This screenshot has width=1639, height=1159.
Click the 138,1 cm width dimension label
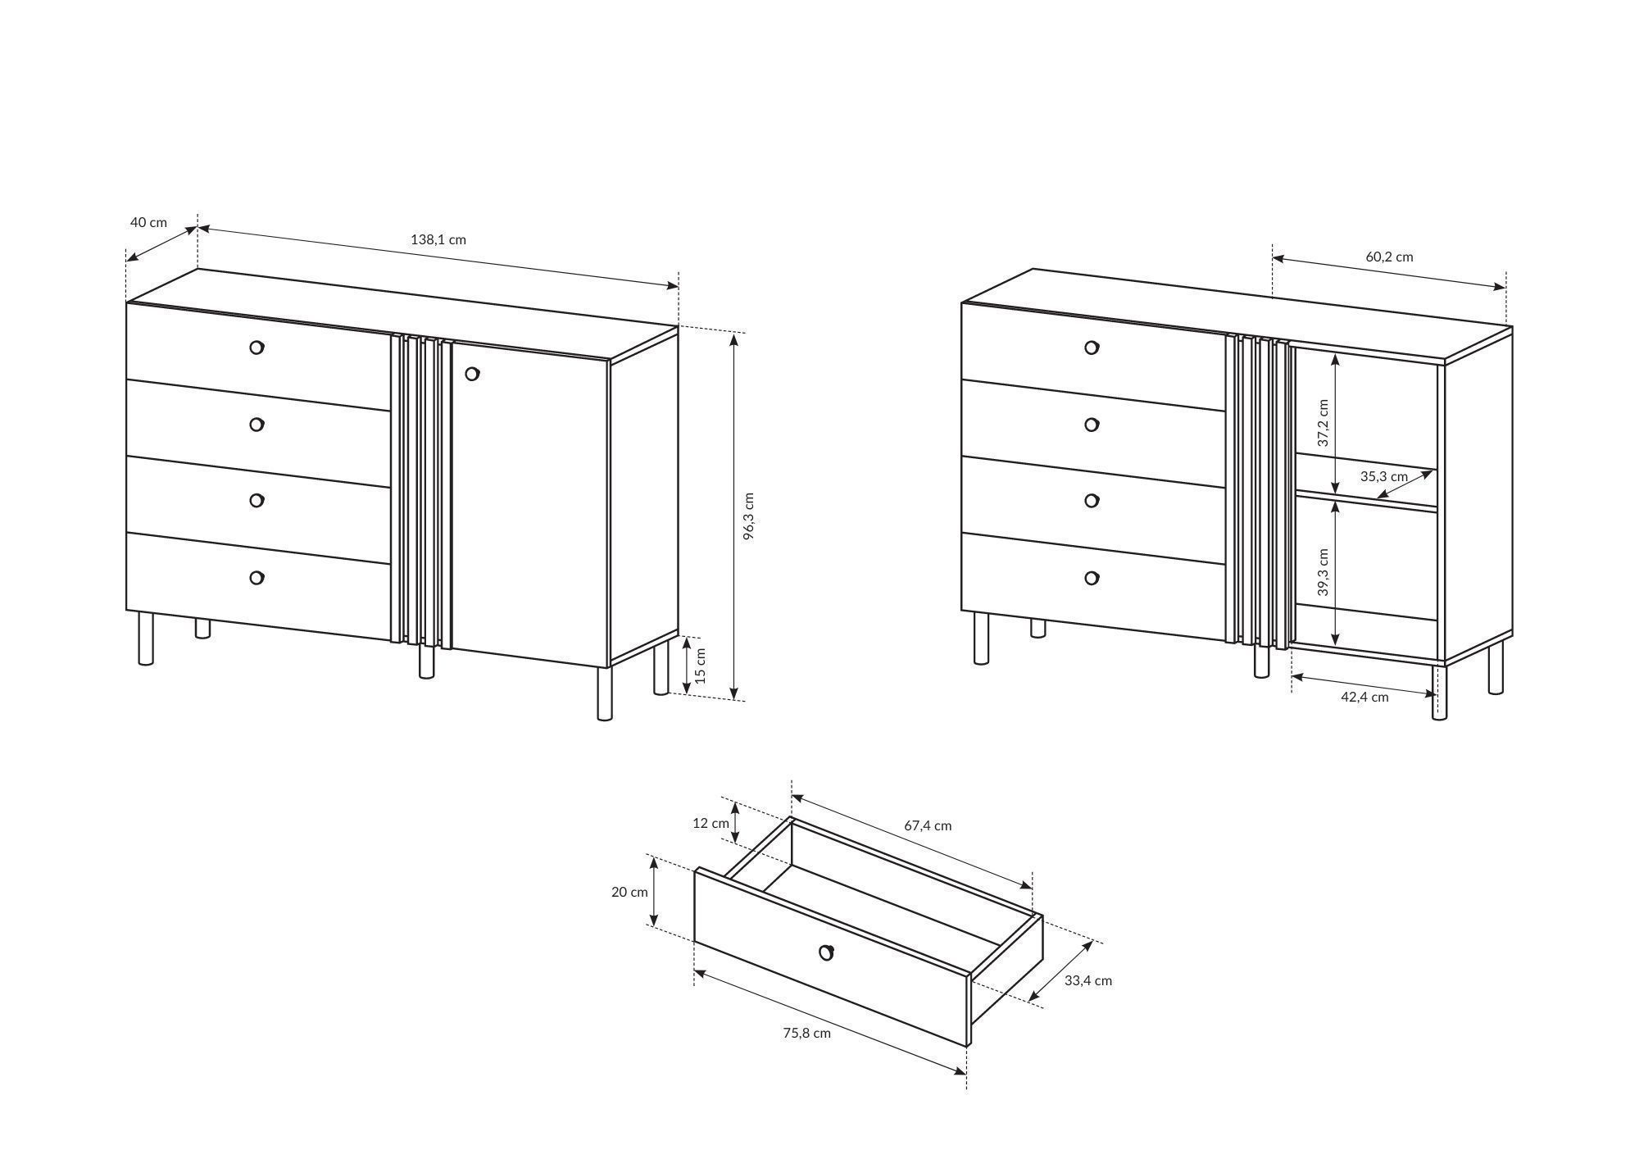click(x=438, y=239)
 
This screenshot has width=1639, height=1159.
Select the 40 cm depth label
click(x=148, y=222)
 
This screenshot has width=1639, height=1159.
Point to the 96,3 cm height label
click(x=749, y=516)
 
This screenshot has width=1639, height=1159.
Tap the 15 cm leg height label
click(x=701, y=666)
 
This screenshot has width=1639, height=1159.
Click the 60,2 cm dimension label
click(x=1389, y=257)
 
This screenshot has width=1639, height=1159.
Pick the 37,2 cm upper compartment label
click(x=1323, y=423)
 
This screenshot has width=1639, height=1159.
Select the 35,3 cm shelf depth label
click(x=1384, y=476)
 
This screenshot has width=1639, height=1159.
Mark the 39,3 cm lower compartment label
click(x=1323, y=571)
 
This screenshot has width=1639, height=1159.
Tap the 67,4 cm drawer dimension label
click(x=928, y=825)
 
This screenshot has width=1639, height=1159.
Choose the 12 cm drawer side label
click(x=711, y=823)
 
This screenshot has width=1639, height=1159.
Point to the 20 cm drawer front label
click(x=629, y=892)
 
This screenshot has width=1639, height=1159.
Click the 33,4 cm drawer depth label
click(x=1088, y=980)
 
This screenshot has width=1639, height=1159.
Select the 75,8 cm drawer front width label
click(x=806, y=1033)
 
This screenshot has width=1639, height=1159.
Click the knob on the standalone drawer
click(x=827, y=952)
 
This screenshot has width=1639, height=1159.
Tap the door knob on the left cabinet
click(x=472, y=374)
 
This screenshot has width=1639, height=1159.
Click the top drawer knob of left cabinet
click(x=257, y=348)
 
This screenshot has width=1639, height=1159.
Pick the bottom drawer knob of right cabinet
click(x=1092, y=578)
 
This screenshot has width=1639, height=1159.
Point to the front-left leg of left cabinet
click(x=146, y=639)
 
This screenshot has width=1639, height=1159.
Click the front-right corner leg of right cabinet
click(x=1440, y=692)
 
